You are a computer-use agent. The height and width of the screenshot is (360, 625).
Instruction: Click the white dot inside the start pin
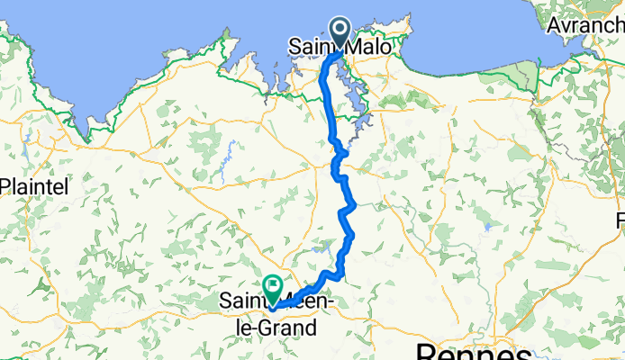(x=340, y=28)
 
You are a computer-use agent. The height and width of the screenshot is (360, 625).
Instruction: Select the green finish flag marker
(x=271, y=288)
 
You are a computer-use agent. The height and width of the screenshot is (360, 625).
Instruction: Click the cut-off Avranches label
(x=590, y=44)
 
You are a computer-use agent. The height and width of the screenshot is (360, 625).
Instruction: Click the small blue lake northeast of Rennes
(x=487, y=227)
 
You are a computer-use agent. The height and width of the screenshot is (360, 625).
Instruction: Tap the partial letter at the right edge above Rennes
(x=620, y=220)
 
